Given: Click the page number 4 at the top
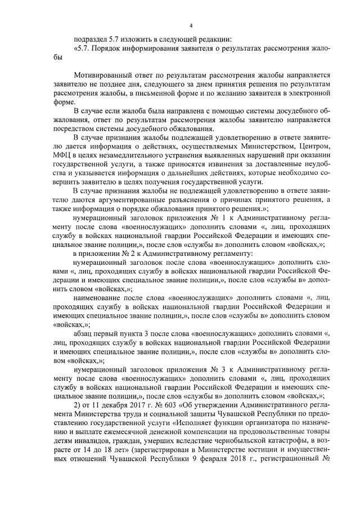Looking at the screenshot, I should pyautogui.click(x=191, y=25).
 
